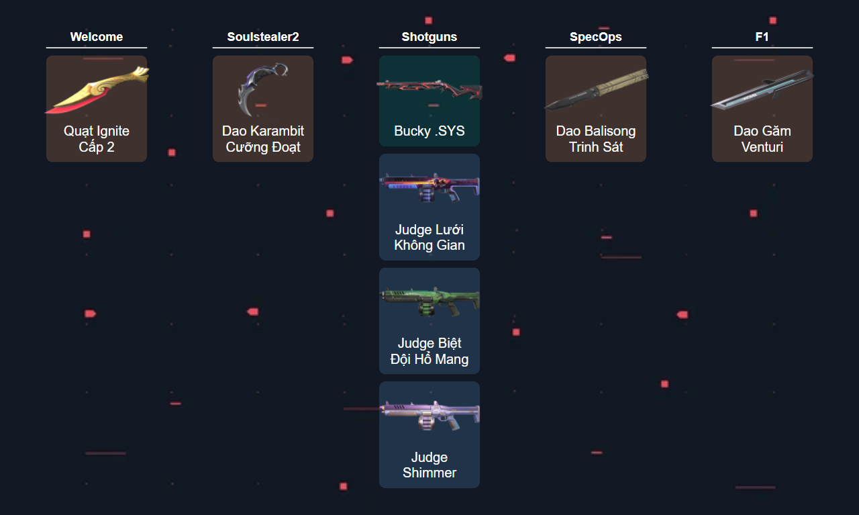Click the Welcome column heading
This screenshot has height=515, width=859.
97,37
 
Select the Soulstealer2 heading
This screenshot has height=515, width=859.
263,37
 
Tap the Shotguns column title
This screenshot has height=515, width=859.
429,37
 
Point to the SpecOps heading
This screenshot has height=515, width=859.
596,37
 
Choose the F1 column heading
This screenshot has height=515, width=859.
762,37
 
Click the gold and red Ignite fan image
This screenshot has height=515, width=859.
97,90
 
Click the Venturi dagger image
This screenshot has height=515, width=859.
762,90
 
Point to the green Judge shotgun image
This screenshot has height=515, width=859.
429,301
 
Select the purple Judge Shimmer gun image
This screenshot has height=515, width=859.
429,415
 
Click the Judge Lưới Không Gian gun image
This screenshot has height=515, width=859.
429,188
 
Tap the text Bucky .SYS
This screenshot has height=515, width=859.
429,131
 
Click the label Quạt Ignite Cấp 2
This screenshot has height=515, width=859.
97,139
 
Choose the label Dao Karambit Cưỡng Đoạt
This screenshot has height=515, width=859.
263,139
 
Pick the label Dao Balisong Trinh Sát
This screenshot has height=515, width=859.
596,139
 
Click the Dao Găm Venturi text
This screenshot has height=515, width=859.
762,139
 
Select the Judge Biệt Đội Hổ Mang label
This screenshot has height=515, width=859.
429,351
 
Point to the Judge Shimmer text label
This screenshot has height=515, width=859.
429,465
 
